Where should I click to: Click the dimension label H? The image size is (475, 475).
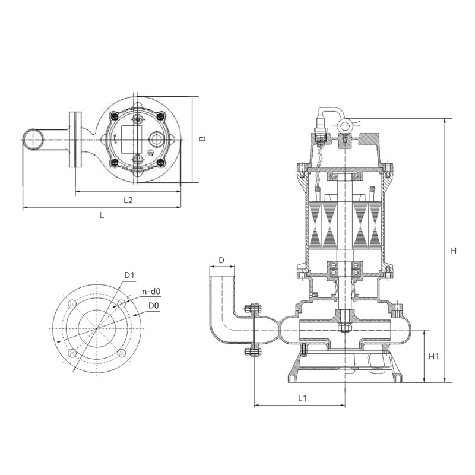click(453, 251)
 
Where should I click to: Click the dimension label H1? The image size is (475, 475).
click(433, 357)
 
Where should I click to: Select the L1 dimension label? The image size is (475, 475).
click(302, 398)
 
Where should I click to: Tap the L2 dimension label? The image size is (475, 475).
click(128, 200)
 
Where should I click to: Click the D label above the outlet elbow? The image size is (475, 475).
click(221, 260)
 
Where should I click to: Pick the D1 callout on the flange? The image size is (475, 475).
click(129, 275)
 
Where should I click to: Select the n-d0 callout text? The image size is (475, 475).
click(151, 292)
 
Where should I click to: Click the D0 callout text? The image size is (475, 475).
click(154, 306)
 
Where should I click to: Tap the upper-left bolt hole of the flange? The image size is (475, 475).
click(72, 303)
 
